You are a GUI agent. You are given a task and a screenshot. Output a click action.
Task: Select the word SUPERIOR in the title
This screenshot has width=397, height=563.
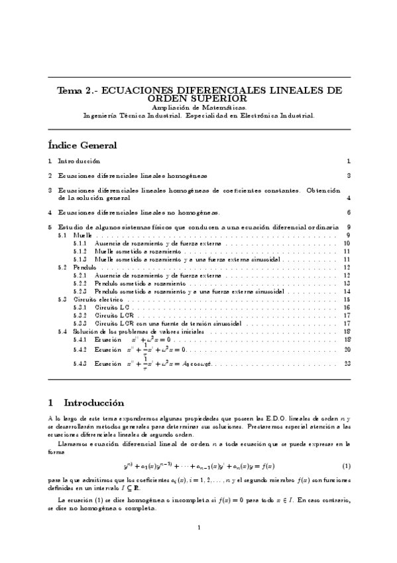pyautogui.click(x=223, y=98)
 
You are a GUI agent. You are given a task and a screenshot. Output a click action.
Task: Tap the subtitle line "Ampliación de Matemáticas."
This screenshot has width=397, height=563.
pyautogui.click(x=199, y=106)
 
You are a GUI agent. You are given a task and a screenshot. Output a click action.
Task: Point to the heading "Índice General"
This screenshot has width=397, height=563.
pyautogui.click(x=83, y=145)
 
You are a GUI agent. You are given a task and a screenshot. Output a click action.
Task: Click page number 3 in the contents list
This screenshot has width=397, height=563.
pyautogui.click(x=348, y=176)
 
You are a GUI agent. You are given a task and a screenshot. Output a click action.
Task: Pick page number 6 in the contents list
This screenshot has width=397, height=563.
pyautogui.click(x=348, y=213)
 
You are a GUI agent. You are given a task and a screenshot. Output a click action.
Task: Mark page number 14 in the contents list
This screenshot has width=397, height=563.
pyautogui.click(x=347, y=291)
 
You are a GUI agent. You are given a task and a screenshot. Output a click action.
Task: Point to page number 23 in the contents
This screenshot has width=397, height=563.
pyautogui.click(x=347, y=363)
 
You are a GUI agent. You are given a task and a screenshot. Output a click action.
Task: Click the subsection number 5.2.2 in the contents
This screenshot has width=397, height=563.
pyautogui.click(x=80, y=283)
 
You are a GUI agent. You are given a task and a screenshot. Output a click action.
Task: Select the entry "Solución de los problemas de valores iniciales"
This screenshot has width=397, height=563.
pyautogui.click(x=141, y=331)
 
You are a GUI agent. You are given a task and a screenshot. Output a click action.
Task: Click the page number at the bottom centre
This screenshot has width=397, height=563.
pyautogui.click(x=199, y=528)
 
